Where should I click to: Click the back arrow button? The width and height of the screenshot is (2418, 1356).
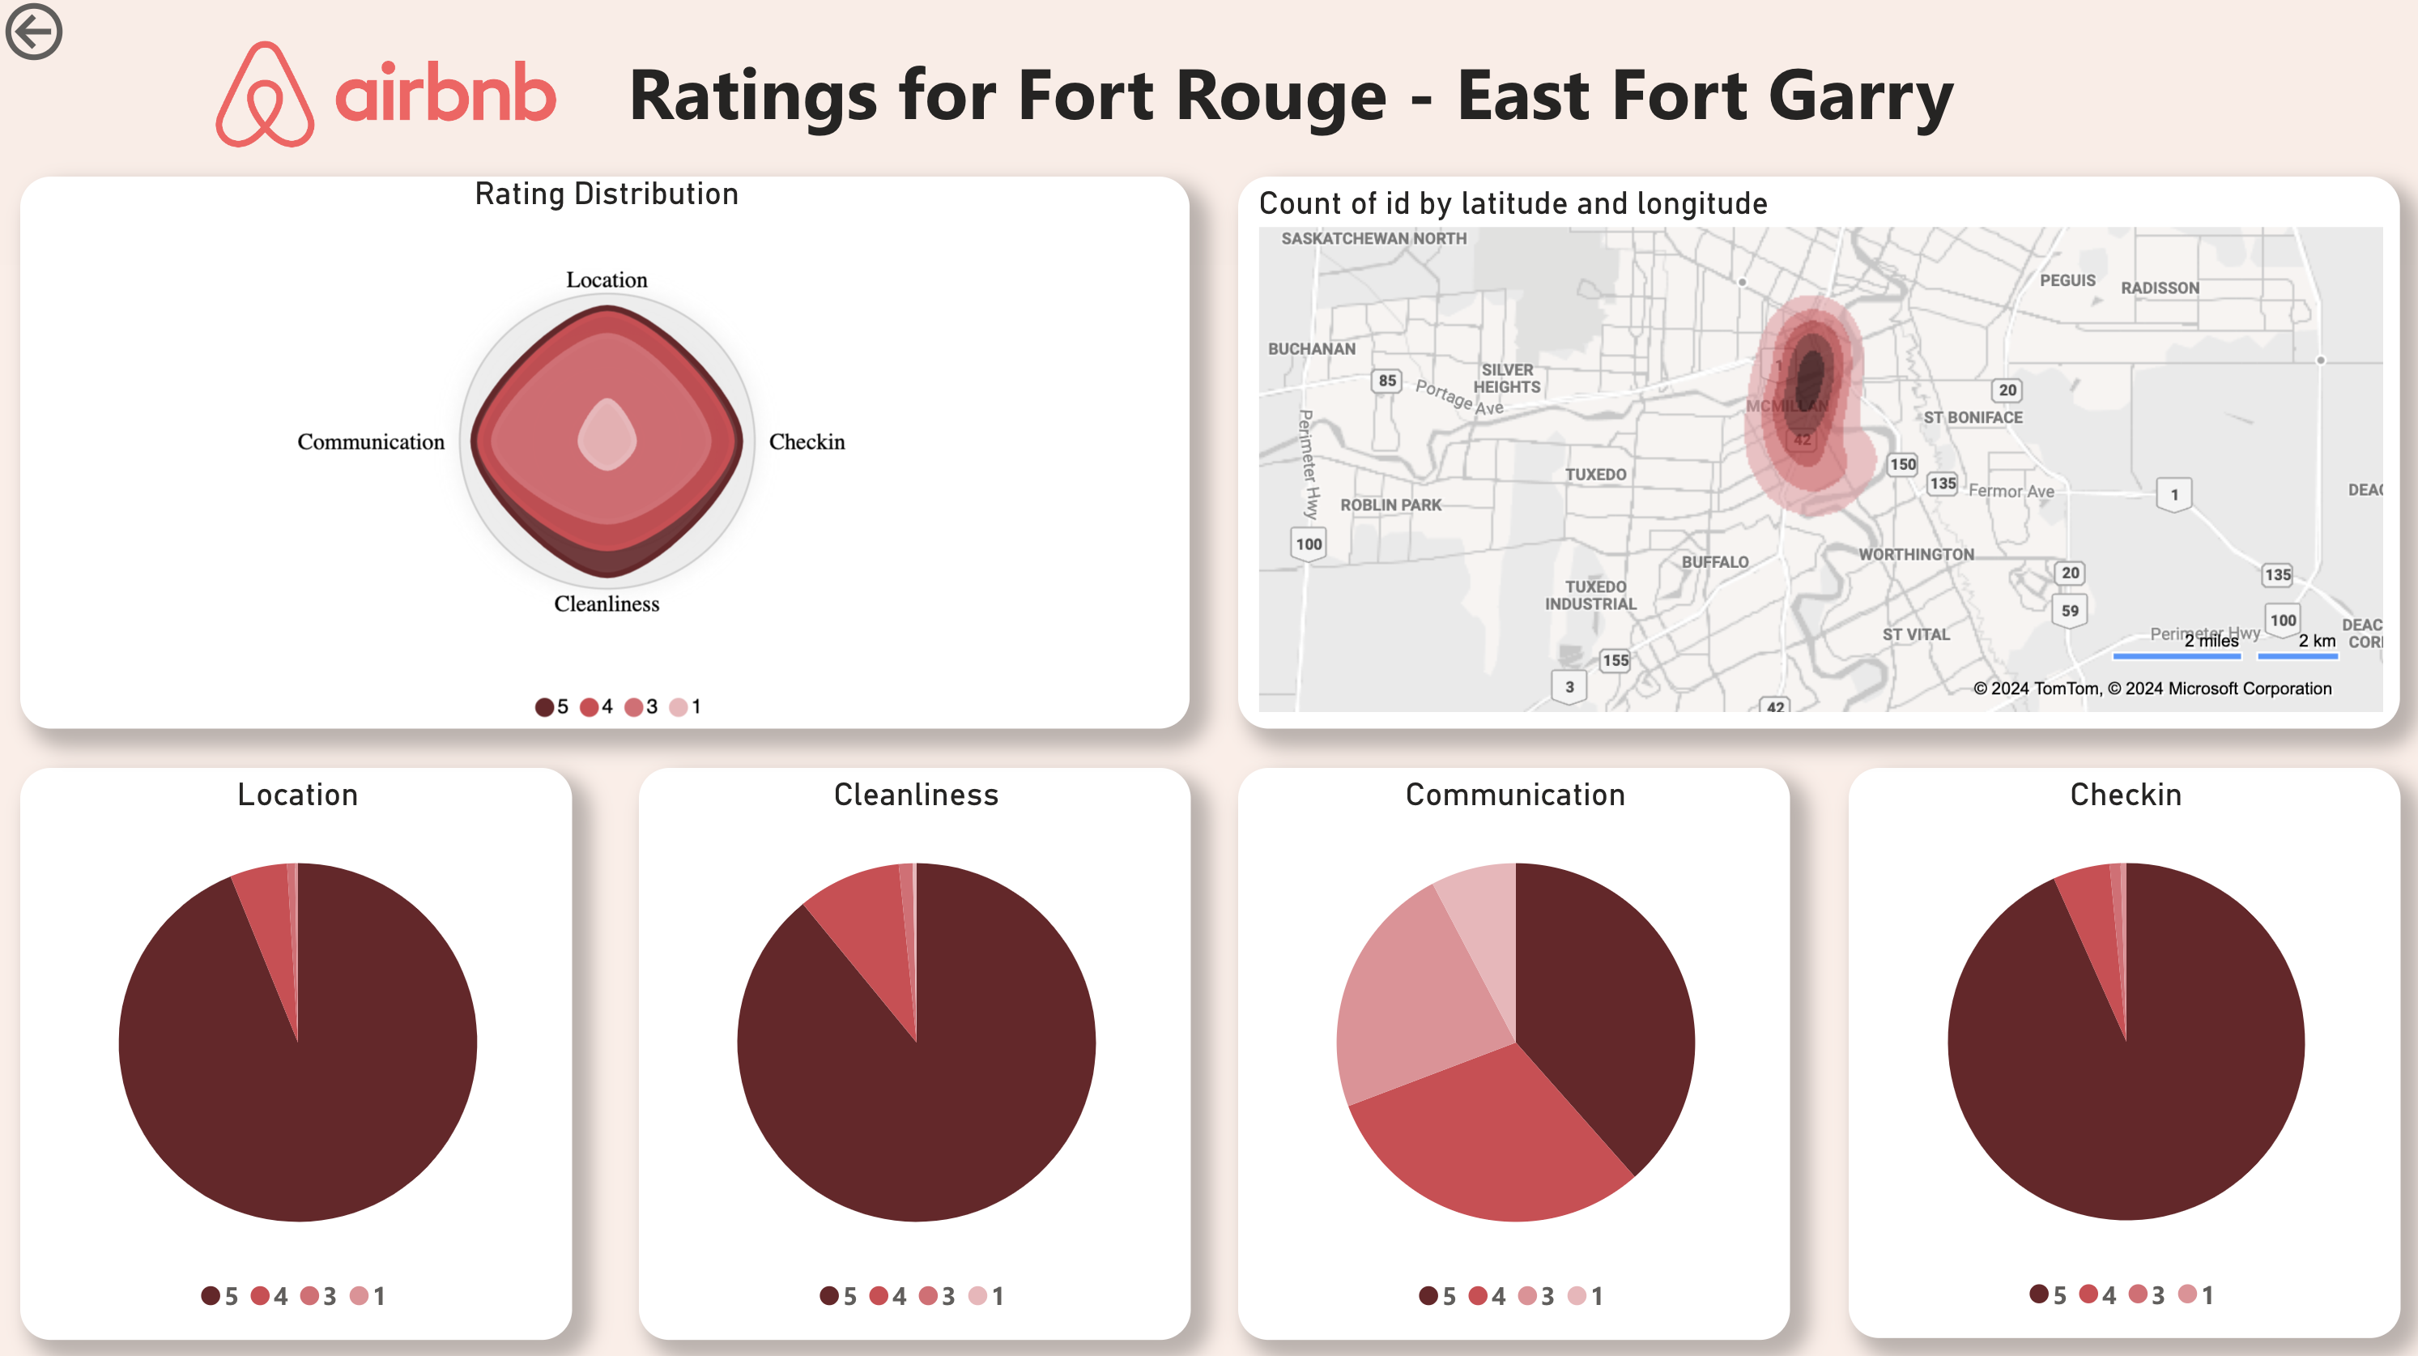34,31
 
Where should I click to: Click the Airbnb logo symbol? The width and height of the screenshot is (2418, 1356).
264,94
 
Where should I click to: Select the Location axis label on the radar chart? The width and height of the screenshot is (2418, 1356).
607,279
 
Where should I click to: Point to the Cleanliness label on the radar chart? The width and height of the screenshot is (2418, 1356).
607,603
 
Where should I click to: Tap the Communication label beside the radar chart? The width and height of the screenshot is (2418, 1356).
371,442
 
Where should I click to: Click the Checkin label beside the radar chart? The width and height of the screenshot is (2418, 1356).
807,442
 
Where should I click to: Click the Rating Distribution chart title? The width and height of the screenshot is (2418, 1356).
607,194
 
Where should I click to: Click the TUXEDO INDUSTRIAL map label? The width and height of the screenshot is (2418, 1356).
1591,595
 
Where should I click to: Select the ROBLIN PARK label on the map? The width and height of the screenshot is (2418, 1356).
1390,505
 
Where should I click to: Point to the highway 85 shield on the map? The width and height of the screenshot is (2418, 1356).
1386,382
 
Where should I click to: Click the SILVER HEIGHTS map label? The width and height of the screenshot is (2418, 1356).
1506,378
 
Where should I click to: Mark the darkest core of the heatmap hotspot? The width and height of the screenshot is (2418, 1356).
1809,376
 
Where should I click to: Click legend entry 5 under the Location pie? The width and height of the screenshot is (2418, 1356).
220,1296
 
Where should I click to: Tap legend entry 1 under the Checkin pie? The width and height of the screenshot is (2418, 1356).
2195,1295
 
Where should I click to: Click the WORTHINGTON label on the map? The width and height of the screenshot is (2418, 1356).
1916,555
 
